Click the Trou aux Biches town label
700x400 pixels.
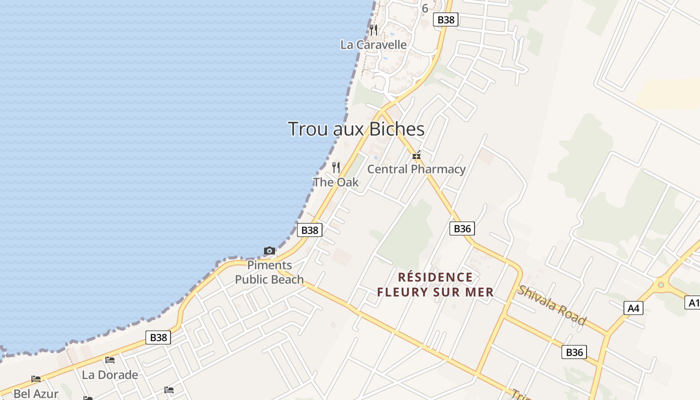pyautogui.click(x=356, y=129)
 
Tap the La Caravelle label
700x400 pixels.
pyautogui.click(x=373, y=44)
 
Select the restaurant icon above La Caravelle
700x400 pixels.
pyautogui.click(x=373, y=30)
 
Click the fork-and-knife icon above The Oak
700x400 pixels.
pyautogui.click(x=336, y=167)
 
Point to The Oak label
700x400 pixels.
pyautogui.click(x=336, y=182)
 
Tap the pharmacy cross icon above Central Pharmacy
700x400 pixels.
pyautogui.click(x=416, y=155)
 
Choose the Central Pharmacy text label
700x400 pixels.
pyautogui.click(x=416, y=169)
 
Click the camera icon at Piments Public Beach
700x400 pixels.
pyautogui.click(x=269, y=250)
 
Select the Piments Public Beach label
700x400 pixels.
pyautogui.click(x=269, y=272)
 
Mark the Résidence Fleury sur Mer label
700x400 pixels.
pyautogui.click(x=435, y=284)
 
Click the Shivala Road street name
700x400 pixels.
pyautogui.click(x=551, y=305)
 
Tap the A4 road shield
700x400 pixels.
pyautogui.click(x=633, y=308)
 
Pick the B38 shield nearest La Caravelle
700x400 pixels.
pyautogui.click(x=446, y=19)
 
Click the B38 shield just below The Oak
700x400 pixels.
pyautogui.click(x=310, y=230)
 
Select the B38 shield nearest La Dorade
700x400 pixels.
pyautogui.click(x=158, y=337)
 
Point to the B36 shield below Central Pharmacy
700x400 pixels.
pyautogui.click(x=462, y=228)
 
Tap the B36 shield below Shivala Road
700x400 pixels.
pyautogui.click(x=574, y=352)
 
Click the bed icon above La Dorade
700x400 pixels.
pyautogui.click(x=110, y=360)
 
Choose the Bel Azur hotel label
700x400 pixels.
pyautogui.click(x=36, y=393)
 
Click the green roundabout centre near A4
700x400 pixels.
pyautogui.click(x=661, y=285)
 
